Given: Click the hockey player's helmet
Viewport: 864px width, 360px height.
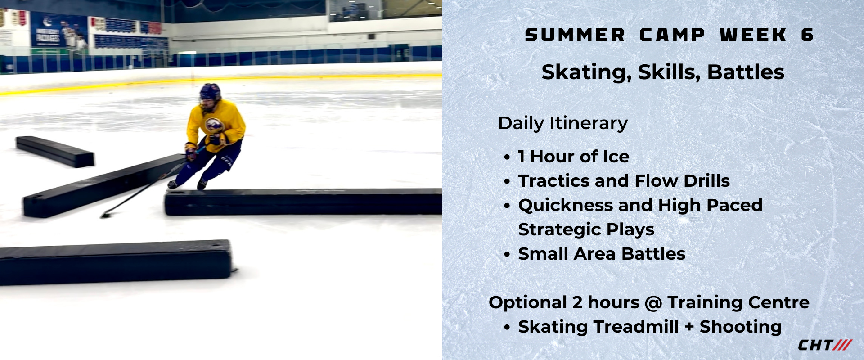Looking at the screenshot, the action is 210,92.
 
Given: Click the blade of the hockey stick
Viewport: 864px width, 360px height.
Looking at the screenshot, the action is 106,215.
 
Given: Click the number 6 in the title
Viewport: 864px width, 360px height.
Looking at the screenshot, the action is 807,35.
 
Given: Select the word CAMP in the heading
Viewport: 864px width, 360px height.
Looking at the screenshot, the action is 672,35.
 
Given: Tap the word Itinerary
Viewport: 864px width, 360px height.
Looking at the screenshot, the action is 588,123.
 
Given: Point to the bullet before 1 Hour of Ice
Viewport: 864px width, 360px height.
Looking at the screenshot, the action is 507,157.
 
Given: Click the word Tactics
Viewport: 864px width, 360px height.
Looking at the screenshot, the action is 553,181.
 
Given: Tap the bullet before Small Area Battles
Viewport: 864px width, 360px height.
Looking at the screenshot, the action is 507,255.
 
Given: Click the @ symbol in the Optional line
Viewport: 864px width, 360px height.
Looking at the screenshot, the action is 653,303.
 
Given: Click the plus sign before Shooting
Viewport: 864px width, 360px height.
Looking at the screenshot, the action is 689,328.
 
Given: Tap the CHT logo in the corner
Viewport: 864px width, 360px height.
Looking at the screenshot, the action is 825,345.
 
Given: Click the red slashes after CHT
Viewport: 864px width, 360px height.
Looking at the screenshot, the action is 842,345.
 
